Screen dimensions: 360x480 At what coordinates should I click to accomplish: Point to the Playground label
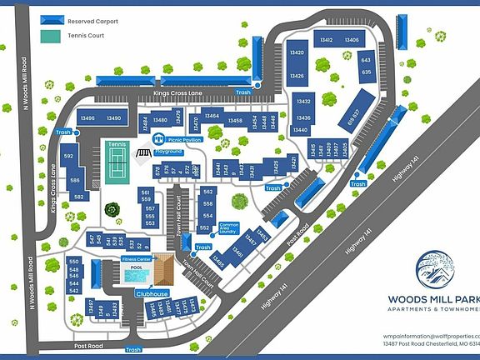pyautogui.click(x=167, y=152)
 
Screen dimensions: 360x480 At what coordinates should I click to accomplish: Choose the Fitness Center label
pyautogui.click(x=137, y=260)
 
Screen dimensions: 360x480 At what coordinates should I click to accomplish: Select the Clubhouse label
pyautogui.click(x=153, y=294)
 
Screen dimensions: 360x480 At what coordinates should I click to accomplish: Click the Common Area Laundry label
pyautogui.click(x=228, y=227)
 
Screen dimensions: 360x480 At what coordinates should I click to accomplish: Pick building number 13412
pyautogui.click(x=326, y=39)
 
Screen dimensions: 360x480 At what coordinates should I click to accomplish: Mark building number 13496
pyautogui.click(x=87, y=118)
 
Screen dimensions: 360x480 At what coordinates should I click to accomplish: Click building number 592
pyautogui.click(x=69, y=156)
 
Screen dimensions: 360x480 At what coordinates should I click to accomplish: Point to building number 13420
pyautogui.click(x=297, y=52)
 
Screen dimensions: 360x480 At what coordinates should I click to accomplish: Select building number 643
pyautogui.click(x=366, y=60)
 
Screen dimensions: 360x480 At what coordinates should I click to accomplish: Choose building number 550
pyautogui.click(x=73, y=261)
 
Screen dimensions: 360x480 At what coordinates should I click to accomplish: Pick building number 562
pyautogui.click(x=208, y=192)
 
